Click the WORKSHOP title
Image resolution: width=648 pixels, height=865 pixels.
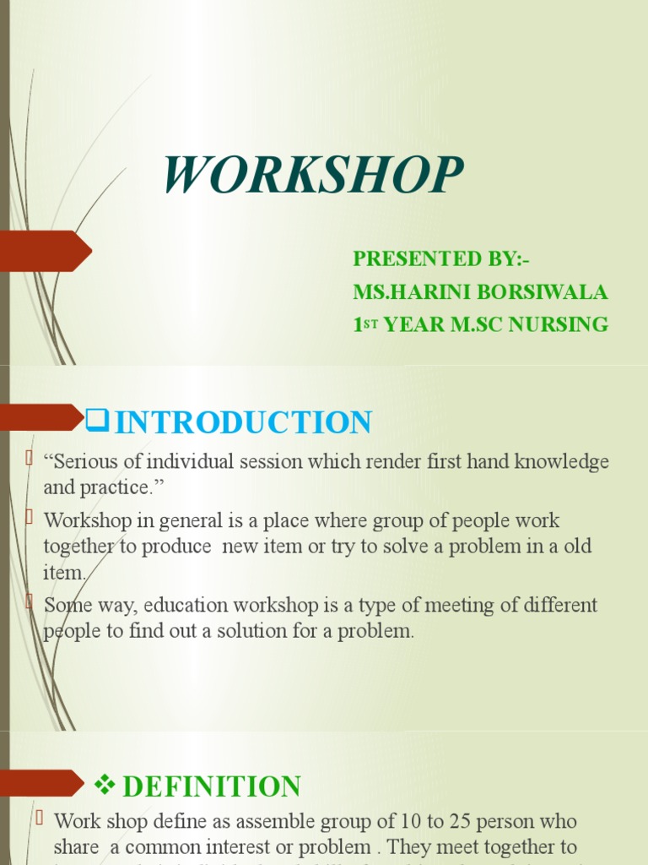coord(313,176)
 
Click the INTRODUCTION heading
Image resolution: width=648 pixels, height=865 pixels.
coord(243,422)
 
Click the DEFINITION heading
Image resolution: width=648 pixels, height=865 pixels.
coord(212,786)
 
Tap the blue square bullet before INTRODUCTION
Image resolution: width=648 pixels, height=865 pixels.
coord(98,419)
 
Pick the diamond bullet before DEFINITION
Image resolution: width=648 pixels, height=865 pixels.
coord(105,786)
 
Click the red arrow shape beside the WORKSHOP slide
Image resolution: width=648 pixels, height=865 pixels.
coord(46,251)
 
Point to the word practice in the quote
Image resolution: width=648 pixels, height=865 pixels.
coord(112,487)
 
